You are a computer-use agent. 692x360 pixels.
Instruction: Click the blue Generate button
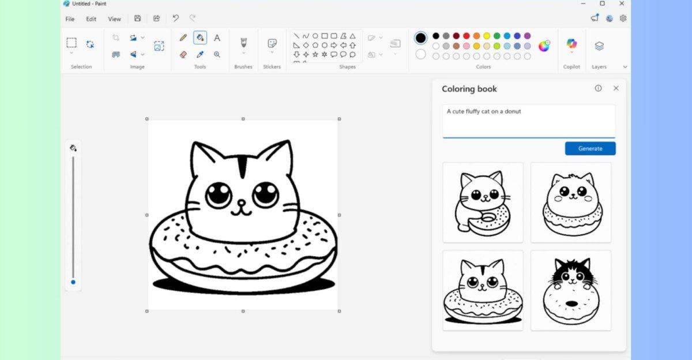click(590, 148)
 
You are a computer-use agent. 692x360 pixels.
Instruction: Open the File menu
click(70, 19)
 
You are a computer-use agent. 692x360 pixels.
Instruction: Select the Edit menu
click(91, 19)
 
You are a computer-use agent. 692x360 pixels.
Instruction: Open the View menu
click(114, 19)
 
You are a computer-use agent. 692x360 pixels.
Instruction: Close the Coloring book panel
click(616, 88)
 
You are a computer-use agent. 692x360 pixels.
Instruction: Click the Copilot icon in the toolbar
click(571, 44)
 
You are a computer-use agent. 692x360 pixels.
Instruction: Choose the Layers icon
click(599, 46)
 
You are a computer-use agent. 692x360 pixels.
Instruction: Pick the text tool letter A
click(217, 38)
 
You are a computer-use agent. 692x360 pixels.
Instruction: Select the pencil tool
click(183, 38)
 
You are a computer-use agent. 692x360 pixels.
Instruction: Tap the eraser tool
click(183, 54)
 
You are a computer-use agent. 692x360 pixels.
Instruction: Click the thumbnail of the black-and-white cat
click(570, 290)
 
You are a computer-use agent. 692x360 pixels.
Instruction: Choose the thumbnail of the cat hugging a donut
click(483, 202)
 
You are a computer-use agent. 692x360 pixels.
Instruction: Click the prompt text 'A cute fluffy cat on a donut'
click(484, 111)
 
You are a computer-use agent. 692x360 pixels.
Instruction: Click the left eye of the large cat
click(219, 194)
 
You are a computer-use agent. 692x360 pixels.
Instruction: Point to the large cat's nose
click(242, 202)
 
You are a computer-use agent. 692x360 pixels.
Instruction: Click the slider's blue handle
click(73, 282)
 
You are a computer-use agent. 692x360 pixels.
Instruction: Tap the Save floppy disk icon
click(137, 18)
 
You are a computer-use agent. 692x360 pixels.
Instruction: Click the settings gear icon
click(623, 18)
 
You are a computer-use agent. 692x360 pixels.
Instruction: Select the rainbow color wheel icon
click(544, 46)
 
